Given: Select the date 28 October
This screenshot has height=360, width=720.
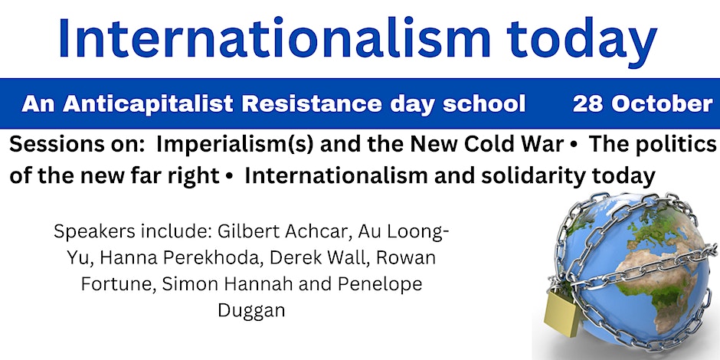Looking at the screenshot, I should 643,104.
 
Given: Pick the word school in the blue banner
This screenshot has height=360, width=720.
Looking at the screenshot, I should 489,104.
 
